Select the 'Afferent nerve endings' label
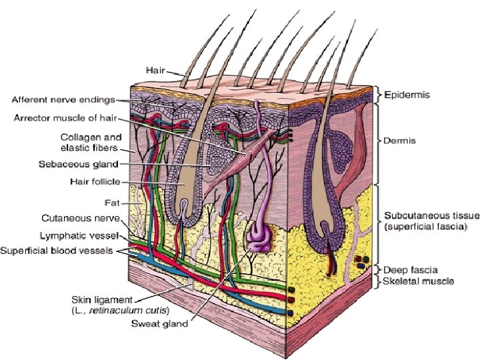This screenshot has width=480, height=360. click(x=63, y=101)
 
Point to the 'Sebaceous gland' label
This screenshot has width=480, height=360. click(x=85, y=164)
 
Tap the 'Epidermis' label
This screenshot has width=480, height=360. click(x=407, y=95)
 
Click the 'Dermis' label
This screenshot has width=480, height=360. click(x=399, y=141)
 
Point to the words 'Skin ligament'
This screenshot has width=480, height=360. click(x=99, y=299)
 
